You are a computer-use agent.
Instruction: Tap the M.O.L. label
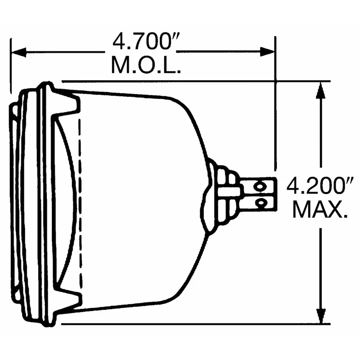tap(146, 65)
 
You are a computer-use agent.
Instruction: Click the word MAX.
tap(320, 209)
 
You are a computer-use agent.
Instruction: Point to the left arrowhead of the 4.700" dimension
tap(19, 52)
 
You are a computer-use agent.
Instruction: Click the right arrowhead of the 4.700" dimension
tap(267, 52)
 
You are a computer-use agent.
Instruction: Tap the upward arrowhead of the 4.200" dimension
tap(321, 90)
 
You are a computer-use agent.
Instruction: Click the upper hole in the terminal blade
tap(259, 186)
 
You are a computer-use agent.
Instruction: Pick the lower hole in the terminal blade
tap(261, 203)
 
